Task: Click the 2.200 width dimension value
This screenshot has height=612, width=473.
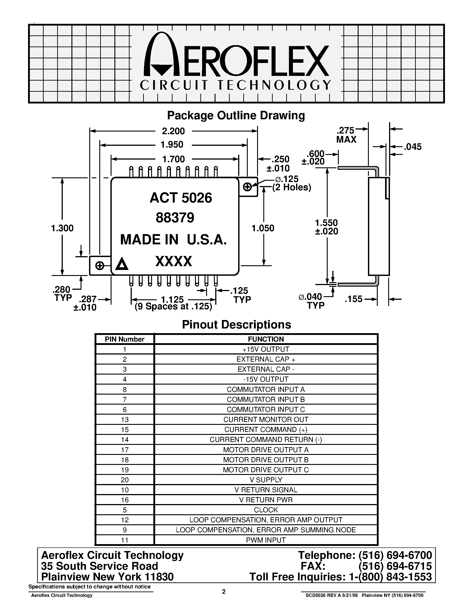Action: click(173, 131)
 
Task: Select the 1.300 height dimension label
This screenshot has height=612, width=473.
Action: click(62, 228)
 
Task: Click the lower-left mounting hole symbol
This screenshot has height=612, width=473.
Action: click(100, 266)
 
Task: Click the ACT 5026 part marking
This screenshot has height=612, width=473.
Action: click(181, 198)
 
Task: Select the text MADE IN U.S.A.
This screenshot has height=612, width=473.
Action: click(173, 240)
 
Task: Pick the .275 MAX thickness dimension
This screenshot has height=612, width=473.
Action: click(346, 135)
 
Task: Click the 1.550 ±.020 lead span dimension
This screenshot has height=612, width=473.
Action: click(327, 227)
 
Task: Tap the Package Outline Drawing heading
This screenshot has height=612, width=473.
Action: click(236, 116)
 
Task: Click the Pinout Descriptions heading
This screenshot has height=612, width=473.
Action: click(236, 324)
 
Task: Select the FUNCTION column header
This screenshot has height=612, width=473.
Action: click(266, 339)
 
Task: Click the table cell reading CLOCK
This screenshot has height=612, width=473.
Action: click(266, 510)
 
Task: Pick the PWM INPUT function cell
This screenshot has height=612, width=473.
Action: click(266, 540)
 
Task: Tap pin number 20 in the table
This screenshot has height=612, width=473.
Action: click(125, 480)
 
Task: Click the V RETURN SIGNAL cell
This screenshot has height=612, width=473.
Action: click(266, 490)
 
